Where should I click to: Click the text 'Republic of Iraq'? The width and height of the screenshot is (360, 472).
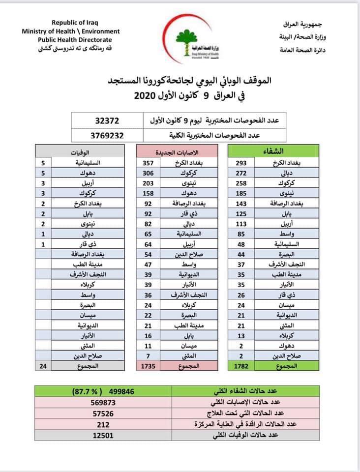pyautogui.click(x=71, y=23)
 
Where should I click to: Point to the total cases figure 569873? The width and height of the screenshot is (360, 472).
pyautogui.click(x=107, y=403)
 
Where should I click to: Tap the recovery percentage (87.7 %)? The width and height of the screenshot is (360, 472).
pyautogui.click(x=84, y=392)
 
